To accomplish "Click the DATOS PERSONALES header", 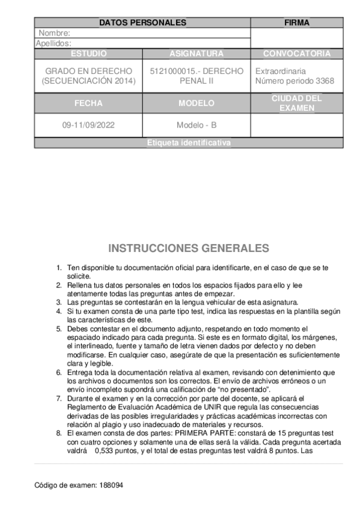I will tap(142, 23).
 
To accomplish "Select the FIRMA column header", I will tap(296, 23).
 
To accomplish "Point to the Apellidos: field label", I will tap(53, 43).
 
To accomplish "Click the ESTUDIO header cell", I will tap(88, 54).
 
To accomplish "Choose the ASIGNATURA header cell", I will tap(197, 54).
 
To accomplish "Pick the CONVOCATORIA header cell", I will tap(297, 54).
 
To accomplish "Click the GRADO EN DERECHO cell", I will tap(88, 76).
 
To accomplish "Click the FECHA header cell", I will tap(88, 103).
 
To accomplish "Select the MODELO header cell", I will tap(197, 103).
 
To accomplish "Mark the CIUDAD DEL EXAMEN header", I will tap(297, 103).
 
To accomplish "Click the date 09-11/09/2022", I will tap(88, 126).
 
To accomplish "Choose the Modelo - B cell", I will tap(197, 126).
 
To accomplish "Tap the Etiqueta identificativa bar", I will tap(189, 143).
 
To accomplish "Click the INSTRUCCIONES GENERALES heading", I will tap(189, 248).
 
